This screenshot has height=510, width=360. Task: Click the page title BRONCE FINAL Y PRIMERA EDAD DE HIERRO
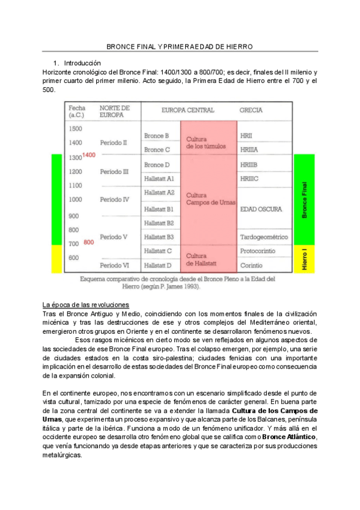(180, 46)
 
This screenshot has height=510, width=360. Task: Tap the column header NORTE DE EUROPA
(114, 111)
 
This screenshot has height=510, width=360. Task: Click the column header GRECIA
(251, 111)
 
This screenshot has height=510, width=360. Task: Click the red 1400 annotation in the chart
(89, 155)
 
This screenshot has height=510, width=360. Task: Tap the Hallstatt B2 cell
(159, 223)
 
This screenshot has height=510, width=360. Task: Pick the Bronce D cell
(157, 165)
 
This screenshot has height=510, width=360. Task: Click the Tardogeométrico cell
(263, 237)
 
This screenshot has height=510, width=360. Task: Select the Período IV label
(114, 199)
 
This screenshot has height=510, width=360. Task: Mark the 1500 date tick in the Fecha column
(75, 129)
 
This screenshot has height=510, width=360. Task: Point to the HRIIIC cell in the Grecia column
(249, 179)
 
